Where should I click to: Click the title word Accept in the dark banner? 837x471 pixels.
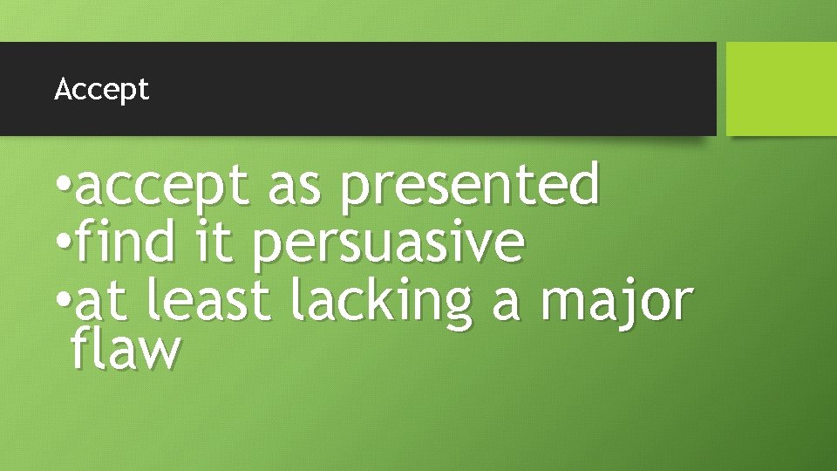pyautogui.click(x=101, y=89)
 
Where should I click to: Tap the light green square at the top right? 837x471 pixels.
pyautogui.click(x=781, y=89)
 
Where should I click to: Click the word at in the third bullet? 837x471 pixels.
pyautogui.click(x=101, y=301)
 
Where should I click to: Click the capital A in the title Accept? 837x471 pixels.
pyautogui.click(x=62, y=89)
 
